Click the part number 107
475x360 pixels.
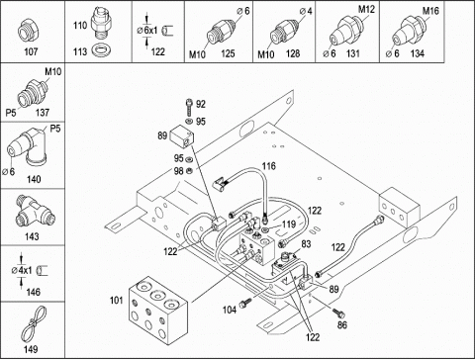(31, 51)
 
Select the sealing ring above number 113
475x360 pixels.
(101, 50)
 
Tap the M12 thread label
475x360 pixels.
(366, 9)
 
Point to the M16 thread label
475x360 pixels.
(430, 11)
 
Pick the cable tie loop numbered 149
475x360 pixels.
(34, 324)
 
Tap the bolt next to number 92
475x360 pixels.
(189, 106)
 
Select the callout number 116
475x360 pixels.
(269, 166)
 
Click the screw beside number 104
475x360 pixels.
(246, 303)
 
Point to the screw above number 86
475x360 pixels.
(338, 313)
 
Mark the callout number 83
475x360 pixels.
(306, 244)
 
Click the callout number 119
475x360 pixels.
(289, 225)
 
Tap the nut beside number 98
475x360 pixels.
(189, 170)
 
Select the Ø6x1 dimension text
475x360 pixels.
(147, 31)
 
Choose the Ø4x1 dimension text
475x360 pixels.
(22, 271)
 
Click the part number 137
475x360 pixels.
(43, 113)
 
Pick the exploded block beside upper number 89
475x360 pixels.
(181, 136)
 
